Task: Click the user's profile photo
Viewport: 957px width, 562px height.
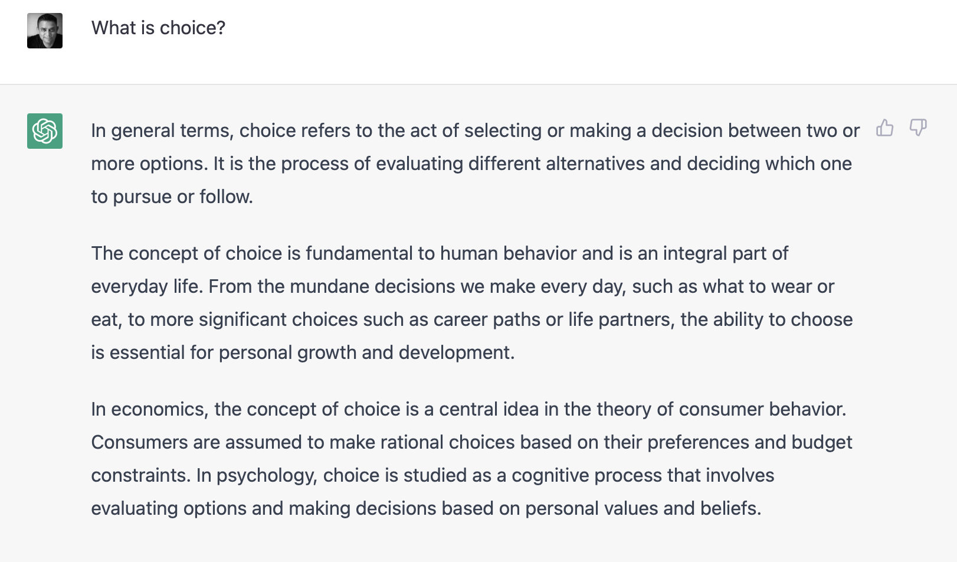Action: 45,31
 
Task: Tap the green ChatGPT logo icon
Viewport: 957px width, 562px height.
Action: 45,131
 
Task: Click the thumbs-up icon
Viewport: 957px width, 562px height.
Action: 885,128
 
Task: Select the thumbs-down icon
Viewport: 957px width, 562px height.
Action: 918,128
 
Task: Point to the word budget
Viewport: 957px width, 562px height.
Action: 822,443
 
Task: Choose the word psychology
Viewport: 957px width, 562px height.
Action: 267,476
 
